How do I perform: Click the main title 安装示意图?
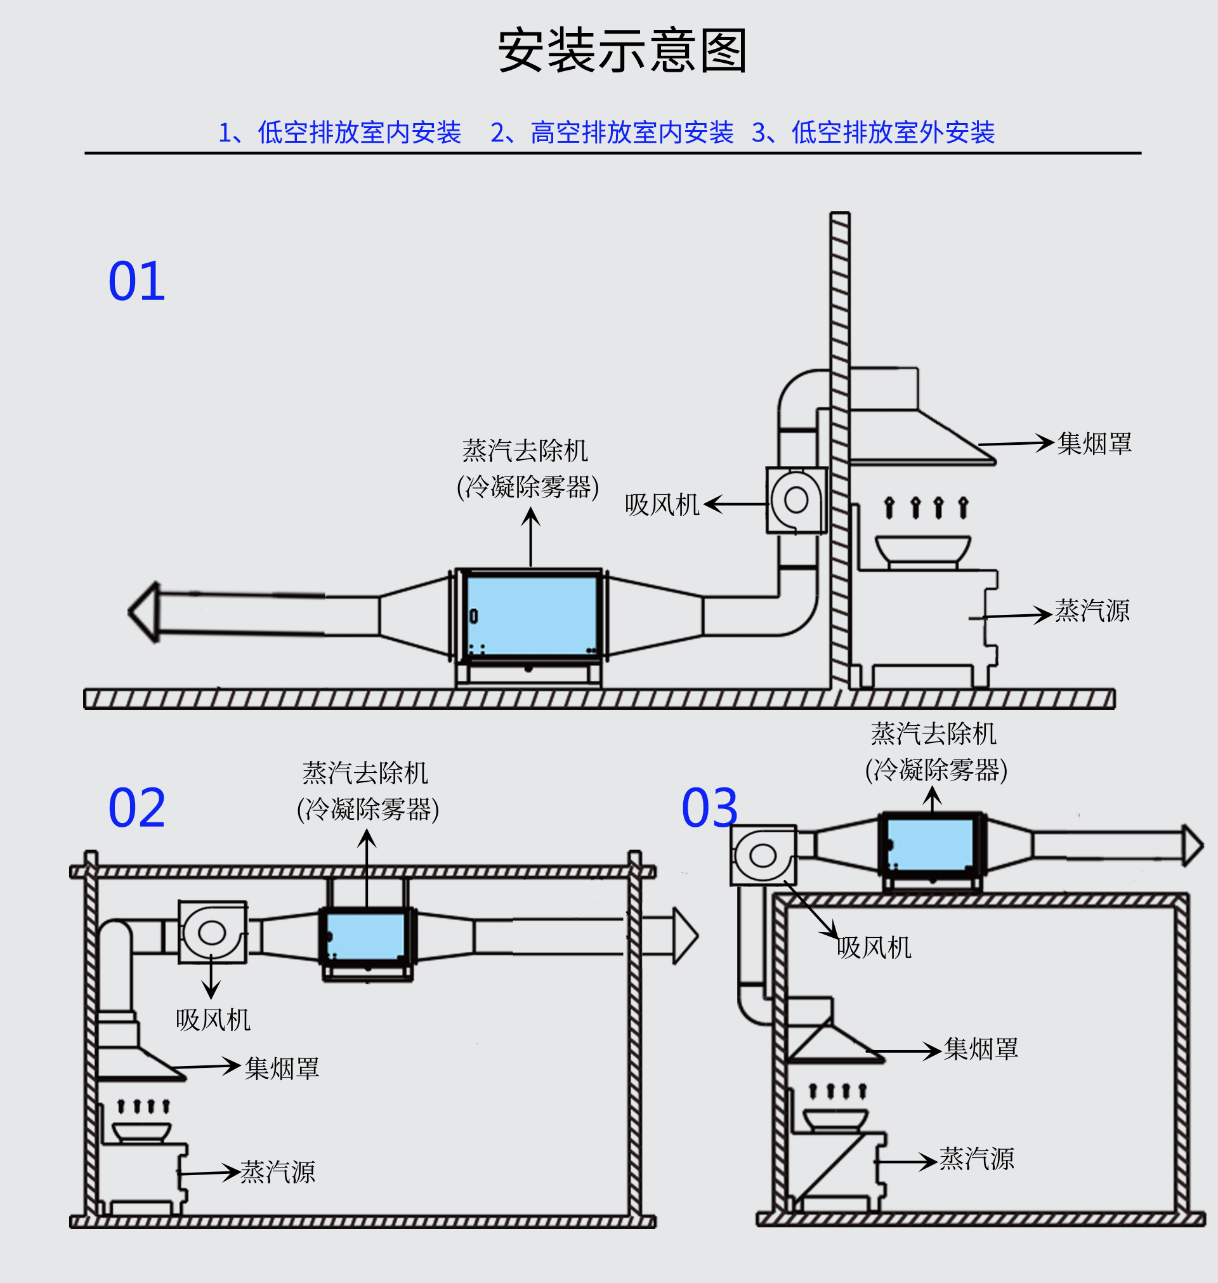click(622, 51)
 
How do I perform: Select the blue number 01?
click(136, 282)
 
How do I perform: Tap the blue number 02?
click(136, 808)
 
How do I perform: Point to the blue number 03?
click(710, 808)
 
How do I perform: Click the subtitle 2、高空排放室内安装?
click(612, 133)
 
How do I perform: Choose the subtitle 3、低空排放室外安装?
click(874, 133)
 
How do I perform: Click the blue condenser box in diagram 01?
click(531, 615)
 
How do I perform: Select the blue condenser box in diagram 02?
click(366, 936)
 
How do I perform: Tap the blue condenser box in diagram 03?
click(931, 844)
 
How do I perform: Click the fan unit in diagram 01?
click(796, 500)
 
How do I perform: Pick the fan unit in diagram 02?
click(213, 932)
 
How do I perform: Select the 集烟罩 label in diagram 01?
click(1094, 444)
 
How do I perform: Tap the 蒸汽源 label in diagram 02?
click(278, 1173)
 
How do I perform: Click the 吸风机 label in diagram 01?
click(662, 505)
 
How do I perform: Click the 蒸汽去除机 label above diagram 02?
click(365, 773)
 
